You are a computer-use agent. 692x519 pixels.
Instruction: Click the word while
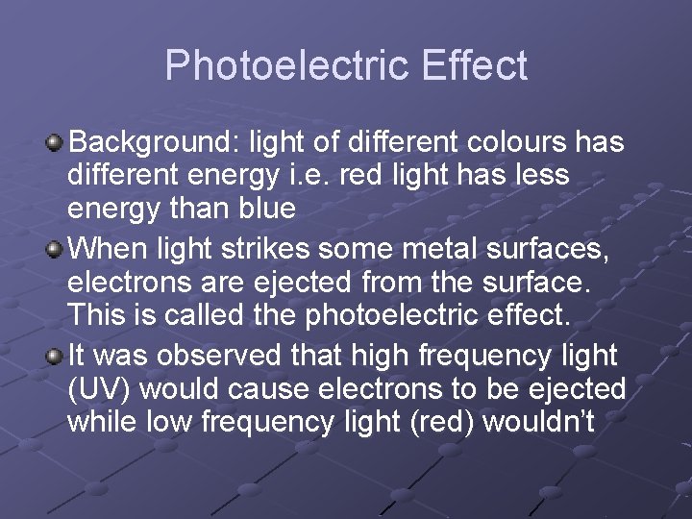tap(100, 422)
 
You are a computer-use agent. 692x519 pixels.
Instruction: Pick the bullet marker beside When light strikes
tap(55, 250)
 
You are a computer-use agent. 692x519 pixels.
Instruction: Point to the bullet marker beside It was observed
tap(55, 357)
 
